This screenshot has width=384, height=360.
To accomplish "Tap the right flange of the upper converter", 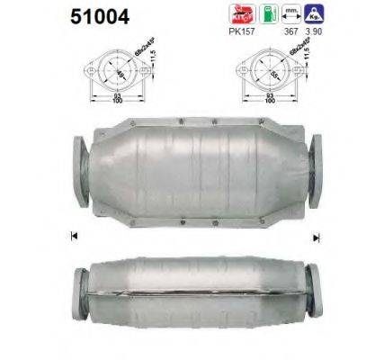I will [316, 167].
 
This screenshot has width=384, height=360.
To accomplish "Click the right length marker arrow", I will [317, 237].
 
